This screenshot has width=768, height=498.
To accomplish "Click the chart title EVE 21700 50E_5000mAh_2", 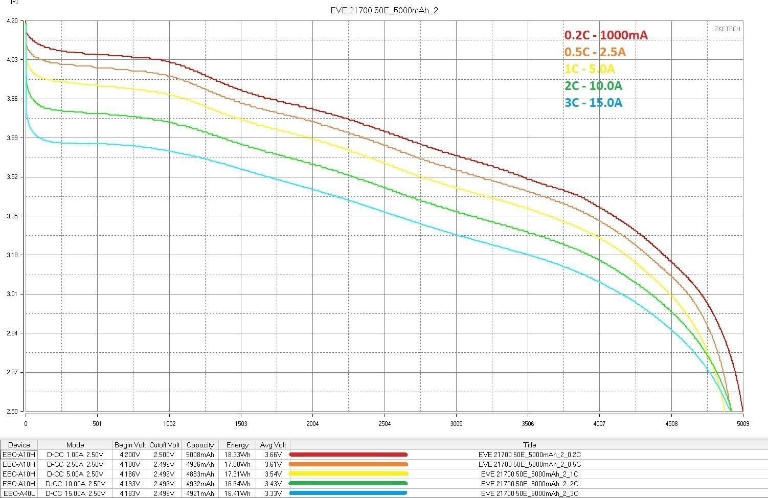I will coord(384,10).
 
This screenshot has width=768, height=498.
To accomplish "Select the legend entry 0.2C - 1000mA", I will coord(606,35).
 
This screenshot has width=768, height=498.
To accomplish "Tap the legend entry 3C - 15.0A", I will coord(593,103).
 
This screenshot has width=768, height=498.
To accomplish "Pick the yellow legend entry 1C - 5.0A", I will coord(590,69).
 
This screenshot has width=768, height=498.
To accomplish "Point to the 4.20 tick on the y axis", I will coord(13,21).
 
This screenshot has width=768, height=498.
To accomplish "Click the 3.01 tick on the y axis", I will coord(13,294).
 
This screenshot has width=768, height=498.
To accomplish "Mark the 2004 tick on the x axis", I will coord(312,423).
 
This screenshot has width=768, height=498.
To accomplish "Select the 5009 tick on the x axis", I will coord(743,423).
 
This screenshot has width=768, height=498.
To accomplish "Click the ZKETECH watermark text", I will coord(727,29).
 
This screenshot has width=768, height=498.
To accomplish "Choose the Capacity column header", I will coord(200,445).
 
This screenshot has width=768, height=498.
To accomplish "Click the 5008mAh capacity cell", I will coord(200,455).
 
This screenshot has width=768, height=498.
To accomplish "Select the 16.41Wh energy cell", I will coord(237,493).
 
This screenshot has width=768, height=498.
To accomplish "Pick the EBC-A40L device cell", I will coord(19,493).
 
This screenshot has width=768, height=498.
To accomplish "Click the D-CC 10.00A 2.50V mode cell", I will coord(75,484).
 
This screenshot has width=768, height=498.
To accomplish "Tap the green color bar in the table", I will coord(348,484).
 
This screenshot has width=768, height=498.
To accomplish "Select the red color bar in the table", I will coord(348,455).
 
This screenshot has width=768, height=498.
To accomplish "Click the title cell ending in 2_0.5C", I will coord(529,464).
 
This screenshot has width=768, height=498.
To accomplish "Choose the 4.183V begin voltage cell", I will coord(130,493).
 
